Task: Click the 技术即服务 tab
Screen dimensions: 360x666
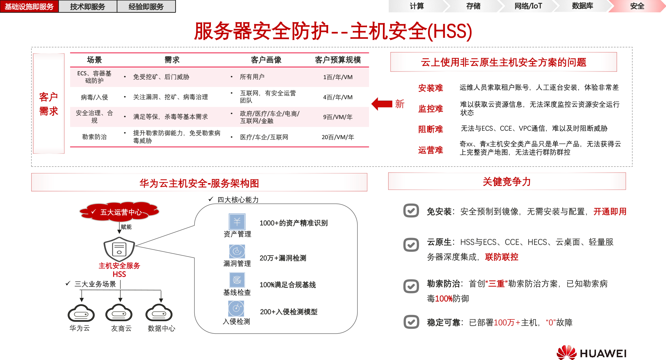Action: coord(87,7)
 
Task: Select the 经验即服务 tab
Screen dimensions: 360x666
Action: coord(146,7)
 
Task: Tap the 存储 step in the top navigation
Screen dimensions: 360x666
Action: coord(473,6)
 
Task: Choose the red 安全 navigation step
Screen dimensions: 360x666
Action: coord(637,6)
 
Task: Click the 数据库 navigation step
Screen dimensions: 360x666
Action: coord(582,6)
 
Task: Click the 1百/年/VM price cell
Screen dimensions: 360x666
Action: coord(338,77)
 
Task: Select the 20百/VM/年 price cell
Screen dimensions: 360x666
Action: coord(338,137)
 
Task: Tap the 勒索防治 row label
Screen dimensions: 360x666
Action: coord(94,137)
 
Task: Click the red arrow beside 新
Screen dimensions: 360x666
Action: coord(382,104)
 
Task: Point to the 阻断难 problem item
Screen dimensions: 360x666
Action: coord(430,129)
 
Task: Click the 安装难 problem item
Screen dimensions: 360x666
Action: coord(430,88)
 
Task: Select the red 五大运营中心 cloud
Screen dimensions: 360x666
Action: coord(119,212)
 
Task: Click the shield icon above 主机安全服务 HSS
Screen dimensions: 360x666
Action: coord(119,249)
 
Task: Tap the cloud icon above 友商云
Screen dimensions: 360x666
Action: coord(119,313)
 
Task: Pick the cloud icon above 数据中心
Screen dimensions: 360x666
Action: coord(159,313)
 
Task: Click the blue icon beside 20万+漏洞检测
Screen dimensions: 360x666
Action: coord(237,251)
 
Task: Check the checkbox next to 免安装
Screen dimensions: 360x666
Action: coord(411,211)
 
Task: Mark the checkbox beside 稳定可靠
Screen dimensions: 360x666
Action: coord(411,322)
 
